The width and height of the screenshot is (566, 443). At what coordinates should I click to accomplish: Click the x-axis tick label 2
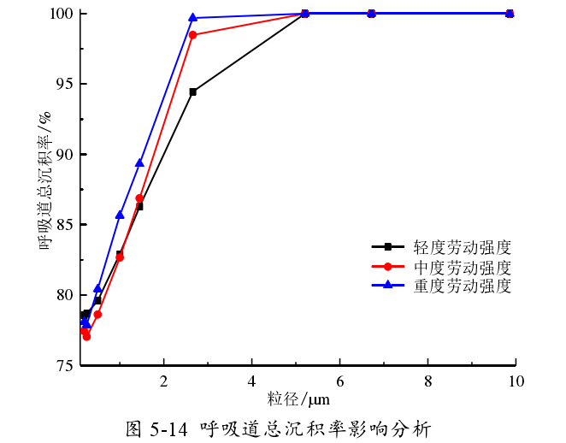[x=164, y=381]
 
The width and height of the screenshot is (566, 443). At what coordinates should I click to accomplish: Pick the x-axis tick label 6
[x=340, y=381]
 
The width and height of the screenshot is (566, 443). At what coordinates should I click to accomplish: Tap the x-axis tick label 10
[x=516, y=381]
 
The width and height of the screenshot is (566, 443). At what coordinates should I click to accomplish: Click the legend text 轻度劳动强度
[x=463, y=248]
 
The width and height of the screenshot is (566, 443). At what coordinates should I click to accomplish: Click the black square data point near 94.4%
[x=193, y=92]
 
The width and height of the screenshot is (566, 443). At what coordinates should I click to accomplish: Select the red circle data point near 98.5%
[x=193, y=35]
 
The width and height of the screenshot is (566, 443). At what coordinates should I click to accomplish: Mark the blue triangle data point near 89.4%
[x=139, y=162]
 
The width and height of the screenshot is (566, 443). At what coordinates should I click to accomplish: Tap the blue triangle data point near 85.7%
[x=120, y=215]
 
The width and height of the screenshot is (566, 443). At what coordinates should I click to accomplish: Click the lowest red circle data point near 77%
[x=86, y=337]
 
